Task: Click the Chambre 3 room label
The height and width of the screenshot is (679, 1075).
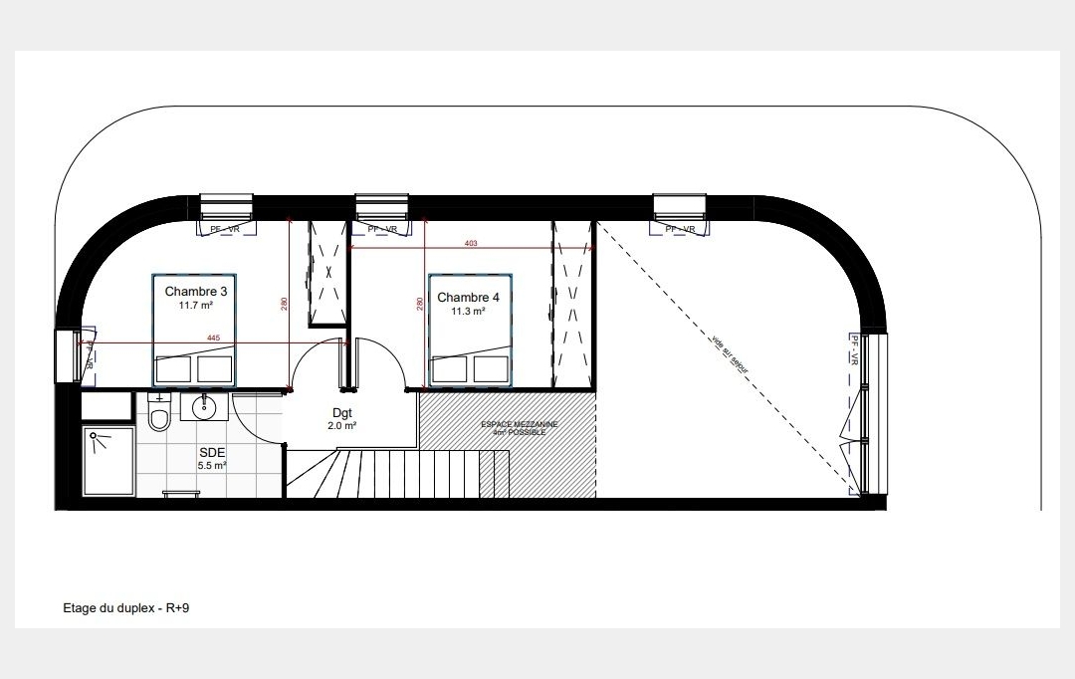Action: click(x=195, y=292)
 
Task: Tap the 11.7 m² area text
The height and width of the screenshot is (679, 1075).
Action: click(x=195, y=306)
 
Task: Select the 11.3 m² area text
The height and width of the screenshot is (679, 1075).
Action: click(x=468, y=312)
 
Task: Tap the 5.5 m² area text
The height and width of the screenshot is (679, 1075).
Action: click(x=211, y=465)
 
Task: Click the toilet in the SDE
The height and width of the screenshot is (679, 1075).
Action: click(x=159, y=414)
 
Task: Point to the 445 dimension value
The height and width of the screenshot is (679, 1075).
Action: click(x=213, y=338)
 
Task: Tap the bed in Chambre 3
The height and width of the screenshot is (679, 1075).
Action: click(x=195, y=330)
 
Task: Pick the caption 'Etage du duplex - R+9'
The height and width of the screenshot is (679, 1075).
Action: click(x=125, y=606)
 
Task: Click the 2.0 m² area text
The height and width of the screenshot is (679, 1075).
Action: click(x=341, y=425)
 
